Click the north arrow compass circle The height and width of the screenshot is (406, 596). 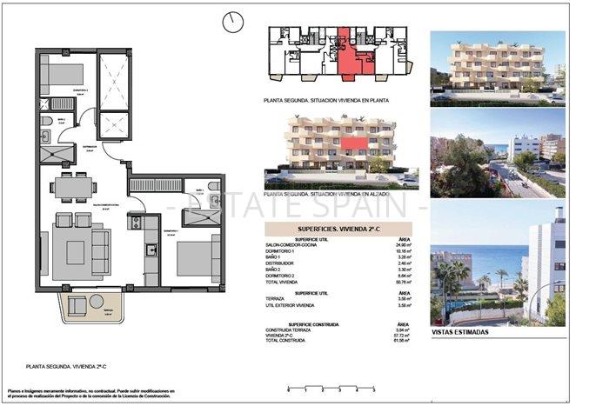point(232,23)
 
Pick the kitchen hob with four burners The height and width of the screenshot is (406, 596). point(136,223)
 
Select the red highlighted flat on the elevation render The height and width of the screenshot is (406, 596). point(354,143)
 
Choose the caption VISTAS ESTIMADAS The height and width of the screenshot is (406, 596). point(459,332)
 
